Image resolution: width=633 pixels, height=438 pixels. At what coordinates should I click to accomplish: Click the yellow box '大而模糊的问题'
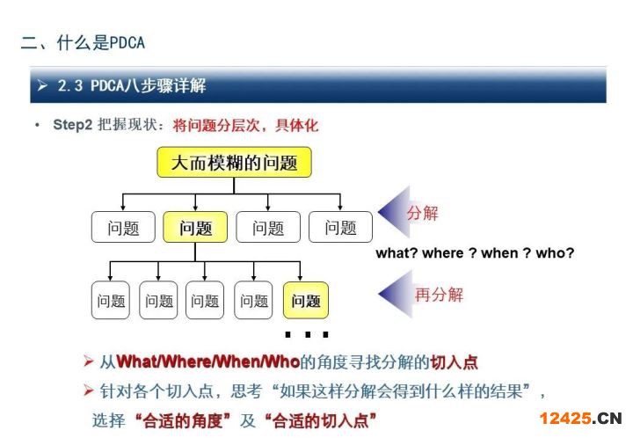(x=234, y=163)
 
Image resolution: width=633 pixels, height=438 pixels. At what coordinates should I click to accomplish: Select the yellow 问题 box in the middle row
(x=195, y=227)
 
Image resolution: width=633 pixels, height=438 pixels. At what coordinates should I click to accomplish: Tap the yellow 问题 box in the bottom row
(x=306, y=300)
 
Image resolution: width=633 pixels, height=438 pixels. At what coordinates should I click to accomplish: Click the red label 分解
(x=423, y=213)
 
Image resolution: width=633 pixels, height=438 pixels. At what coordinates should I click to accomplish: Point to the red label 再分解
(x=440, y=295)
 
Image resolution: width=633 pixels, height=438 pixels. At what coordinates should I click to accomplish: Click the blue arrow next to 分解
(x=394, y=212)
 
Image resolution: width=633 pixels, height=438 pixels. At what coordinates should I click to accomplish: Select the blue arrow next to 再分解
(x=396, y=295)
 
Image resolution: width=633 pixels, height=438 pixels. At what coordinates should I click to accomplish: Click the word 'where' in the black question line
(x=443, y=253)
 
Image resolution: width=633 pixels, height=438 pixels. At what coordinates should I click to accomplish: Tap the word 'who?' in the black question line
(x=555, y=253)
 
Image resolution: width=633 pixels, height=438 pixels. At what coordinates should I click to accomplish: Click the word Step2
(x=73, y=125)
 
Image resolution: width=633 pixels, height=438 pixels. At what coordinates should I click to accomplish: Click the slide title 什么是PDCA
(x=101, y=43)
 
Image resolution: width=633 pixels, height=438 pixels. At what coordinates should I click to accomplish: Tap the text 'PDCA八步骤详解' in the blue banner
(x=149, y=85)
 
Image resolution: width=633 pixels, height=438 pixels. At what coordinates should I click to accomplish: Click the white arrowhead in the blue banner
(x=42, y=85)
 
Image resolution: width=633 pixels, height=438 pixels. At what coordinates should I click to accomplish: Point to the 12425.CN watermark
(x=580, y=419)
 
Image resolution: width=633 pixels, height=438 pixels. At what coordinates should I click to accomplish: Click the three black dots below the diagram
(x=307, y=334)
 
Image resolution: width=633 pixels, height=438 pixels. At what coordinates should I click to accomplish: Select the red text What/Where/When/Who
(x=207, y=361)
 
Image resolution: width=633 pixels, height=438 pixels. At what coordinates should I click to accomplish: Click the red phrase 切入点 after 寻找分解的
(x=455, y=362)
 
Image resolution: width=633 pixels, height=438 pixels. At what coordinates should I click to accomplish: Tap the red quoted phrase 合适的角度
(x=183, y=420)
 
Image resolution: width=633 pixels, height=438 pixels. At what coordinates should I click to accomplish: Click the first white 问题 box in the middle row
(x=123, y=227)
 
